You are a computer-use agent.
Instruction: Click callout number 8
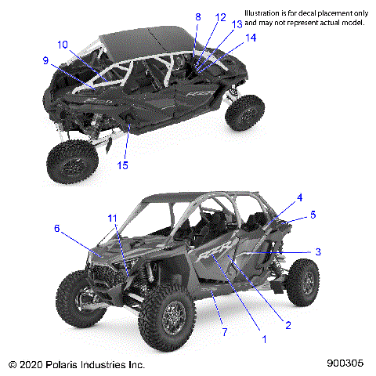coord(197,16)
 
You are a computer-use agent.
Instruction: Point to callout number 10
coord(62,44)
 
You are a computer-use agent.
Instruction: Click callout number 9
coord(46,60)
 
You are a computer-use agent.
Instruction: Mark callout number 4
coord(277,197)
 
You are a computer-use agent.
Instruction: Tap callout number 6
coord(56,228)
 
